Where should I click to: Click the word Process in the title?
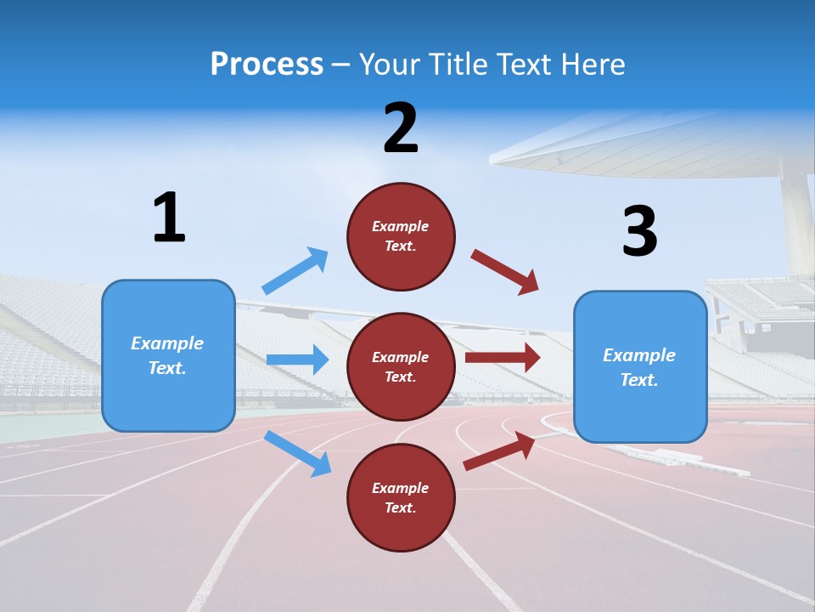click(x=267, y=64)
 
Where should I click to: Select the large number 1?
click(x=169, y=218)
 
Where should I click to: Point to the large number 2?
click(x=401, y=128)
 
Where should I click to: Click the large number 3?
click(x=639, y=231)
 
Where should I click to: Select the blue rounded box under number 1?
click(x=168, y=355)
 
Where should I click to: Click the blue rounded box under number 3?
click(x=640, y=367)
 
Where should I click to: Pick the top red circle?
click(x=401, y=236)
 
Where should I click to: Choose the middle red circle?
click(x=401, y=366)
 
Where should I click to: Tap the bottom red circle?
click(x=401, y=497)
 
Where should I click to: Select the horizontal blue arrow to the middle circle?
click(x=297, y=360)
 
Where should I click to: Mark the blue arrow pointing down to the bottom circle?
click(x=297, y=453)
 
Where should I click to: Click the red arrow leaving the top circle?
click(x=504, y=271)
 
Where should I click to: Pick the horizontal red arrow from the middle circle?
click(x=502, y=357)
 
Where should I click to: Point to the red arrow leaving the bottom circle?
click(x=499, y=450)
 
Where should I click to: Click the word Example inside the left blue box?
click(x=167, y=343)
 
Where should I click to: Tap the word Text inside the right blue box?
click(x=638, y=380)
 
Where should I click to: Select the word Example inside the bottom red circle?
click(x=401, y=488)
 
